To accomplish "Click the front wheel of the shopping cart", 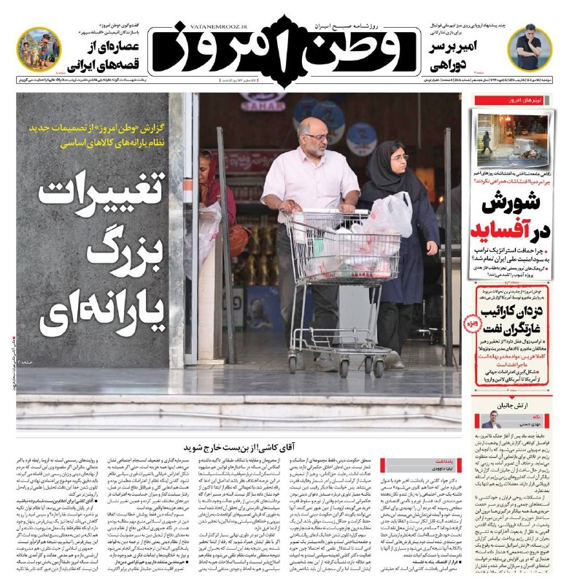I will coord(344,365).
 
